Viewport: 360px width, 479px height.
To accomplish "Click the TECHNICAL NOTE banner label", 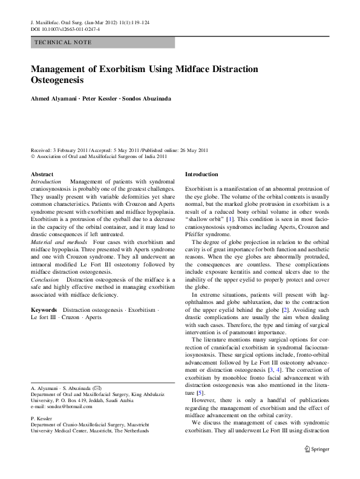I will (64, 42).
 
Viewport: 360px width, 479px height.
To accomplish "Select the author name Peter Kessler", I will (99, 98).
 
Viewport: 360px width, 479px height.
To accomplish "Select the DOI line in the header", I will (65, 28).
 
